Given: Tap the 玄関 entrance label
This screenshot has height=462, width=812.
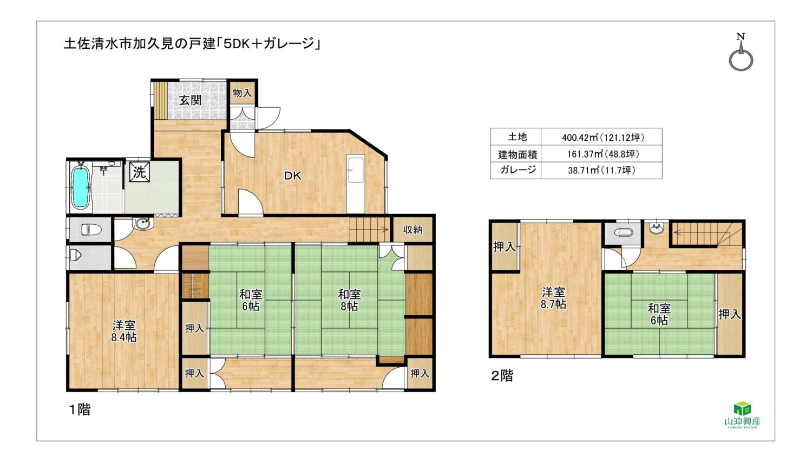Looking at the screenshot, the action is point(191,100).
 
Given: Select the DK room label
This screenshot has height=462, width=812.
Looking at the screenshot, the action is point(292,176).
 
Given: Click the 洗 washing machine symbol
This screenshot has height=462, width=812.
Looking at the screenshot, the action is point(139,171).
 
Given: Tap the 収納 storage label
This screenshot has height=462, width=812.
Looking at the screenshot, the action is point(413,229).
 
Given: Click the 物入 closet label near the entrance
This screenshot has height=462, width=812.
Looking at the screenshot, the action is point(242,93).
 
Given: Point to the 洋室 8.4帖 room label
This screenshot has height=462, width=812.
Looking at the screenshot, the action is point(124,331).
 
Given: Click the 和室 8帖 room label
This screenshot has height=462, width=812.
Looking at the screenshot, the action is point(349,300).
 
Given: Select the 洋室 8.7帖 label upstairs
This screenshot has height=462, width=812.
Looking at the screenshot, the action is point(553,298).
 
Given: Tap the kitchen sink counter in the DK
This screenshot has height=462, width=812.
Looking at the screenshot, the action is point(356,184).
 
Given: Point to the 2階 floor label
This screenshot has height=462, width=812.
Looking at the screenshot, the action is point(502,376).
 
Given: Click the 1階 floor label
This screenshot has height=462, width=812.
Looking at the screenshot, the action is point(80,409).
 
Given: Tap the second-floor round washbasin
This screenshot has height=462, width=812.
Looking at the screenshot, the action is point(657,229).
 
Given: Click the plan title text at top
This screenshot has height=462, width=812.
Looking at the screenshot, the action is point(192,44).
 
